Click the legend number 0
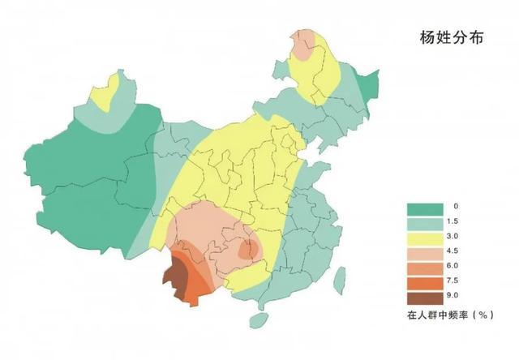[x=457, y=207]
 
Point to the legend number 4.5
[x=459, y=251]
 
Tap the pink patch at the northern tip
[x=305, y=45]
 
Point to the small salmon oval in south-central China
[x=248, y=246]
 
